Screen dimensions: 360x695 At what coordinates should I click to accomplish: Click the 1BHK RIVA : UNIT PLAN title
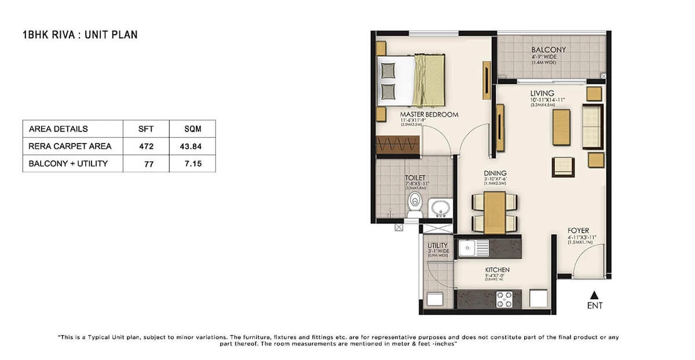[79, 35]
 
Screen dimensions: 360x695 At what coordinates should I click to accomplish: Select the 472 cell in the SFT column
[146, 146]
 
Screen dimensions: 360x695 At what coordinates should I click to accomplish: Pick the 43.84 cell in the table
[192, 146]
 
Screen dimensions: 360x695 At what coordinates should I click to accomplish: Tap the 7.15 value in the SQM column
[192, 164]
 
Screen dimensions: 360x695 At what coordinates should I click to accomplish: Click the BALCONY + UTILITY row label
[68, 164]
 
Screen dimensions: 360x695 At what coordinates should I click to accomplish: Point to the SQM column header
[192, 129]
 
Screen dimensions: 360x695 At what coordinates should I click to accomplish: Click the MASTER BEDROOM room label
[429, 115]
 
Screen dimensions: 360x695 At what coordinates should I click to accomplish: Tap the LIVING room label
[542, 93]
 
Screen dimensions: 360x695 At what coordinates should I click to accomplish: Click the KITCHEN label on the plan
[497, 270]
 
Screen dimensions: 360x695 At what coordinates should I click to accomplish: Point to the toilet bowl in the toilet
[415, 205]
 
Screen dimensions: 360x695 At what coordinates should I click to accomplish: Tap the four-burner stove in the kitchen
[504, 299]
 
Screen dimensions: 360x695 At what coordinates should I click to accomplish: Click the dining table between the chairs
[495, 211]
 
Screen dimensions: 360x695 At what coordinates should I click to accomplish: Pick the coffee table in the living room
[561, 127]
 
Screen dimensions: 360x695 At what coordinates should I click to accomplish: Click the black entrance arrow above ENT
[593, 295]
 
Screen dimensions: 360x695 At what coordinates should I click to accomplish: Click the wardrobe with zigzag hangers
[397, 145]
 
